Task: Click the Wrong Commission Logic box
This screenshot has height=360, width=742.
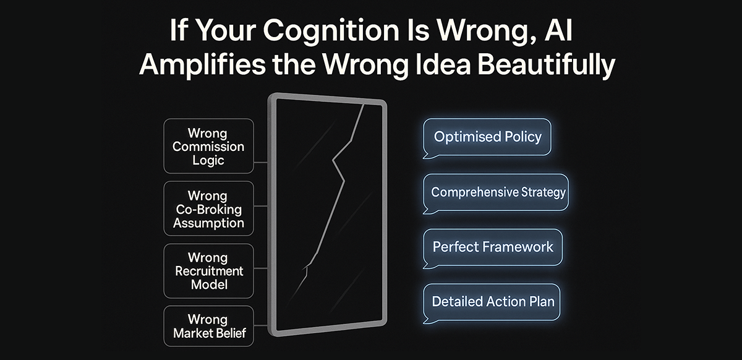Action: (x=208, y=147)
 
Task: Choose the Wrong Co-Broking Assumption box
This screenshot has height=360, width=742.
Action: (x=208, y=209)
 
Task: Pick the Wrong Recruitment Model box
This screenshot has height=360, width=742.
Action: (x=208, y=271)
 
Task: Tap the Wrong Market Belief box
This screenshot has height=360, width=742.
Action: (x=208, y=327)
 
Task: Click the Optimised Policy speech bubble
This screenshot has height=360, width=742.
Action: (x=487, y=137)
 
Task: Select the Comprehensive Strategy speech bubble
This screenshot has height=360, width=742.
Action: (x=498, y=192)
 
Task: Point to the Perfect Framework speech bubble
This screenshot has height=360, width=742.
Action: (x=493, y=247)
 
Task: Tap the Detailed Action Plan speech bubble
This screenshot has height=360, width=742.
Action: (x=493, y=302)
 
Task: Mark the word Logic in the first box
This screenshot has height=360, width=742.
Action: (x=208, y=160)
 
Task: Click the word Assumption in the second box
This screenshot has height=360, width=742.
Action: (x=208, y=223)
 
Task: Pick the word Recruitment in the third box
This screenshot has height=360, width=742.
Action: (x=208, y=271)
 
